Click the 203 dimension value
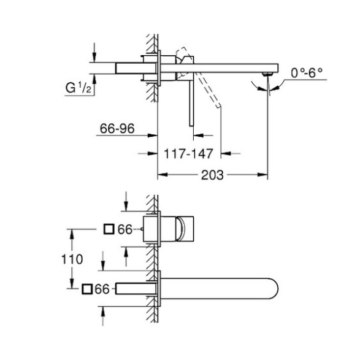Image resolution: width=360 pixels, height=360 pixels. click(x=212, y=175)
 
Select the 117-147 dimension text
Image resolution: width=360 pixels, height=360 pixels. click(x=188, y=153)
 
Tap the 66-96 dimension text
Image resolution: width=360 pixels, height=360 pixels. click(x=117, y=129)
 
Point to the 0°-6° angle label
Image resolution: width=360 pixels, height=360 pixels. click(x=307, y=73)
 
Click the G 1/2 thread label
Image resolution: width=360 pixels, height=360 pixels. click(x=79, y=88)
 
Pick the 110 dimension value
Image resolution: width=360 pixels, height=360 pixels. click(x=72, y=259)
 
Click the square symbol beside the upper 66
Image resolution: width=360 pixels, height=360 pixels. click(x=109, y=229)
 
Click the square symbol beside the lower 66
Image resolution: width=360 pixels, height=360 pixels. click(x=87, y=289)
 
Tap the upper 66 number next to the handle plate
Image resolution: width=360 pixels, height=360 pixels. click(x=125, y=229)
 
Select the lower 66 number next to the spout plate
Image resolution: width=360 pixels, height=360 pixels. click(x=102, y=289)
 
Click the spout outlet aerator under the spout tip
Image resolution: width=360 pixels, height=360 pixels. click(x=267, y=74)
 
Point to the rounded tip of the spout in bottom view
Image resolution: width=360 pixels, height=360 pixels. click(x=278, y=289)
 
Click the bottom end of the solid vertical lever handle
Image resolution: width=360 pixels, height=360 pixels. click(x=191, y=126)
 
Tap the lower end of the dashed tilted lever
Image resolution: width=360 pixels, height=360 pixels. click(x=218, y=106)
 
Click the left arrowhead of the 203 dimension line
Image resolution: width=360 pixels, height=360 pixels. click(x=162, y=175)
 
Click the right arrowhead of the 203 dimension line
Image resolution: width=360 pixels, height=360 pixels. click(x=263, y=175)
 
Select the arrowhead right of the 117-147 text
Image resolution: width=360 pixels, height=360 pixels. click(x=226, y=153)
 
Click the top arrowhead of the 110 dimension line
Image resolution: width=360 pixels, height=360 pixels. click(x=72, y=234)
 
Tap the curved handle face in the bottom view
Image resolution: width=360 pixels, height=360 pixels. click(x=181, y=229)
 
